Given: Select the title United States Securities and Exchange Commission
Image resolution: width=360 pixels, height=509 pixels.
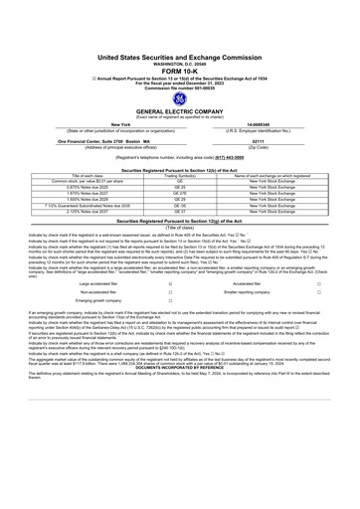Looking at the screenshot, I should [179, 26].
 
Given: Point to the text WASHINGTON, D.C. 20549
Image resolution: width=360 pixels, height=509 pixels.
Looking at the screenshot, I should [179, 33].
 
